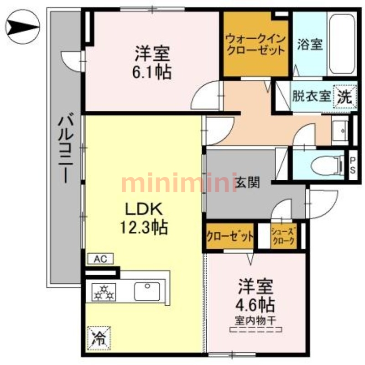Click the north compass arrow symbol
pos(23,28)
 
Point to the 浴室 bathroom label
pos(310,44)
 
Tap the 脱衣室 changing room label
pos(311,97)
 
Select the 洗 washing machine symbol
pos(345,96)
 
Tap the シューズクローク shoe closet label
pos(283,236)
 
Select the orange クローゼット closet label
pos(229,236)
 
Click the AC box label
pos(100,259)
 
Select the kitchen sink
pos(146,291)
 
